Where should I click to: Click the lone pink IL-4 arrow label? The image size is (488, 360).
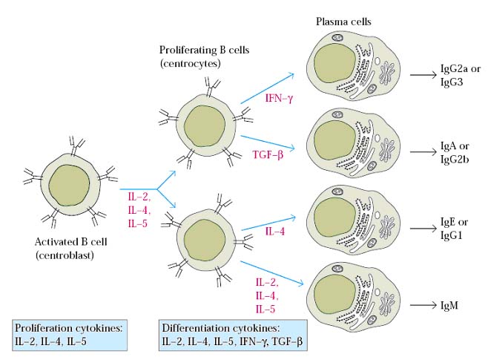[274, 233]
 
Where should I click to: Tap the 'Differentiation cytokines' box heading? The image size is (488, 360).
[220, 328]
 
